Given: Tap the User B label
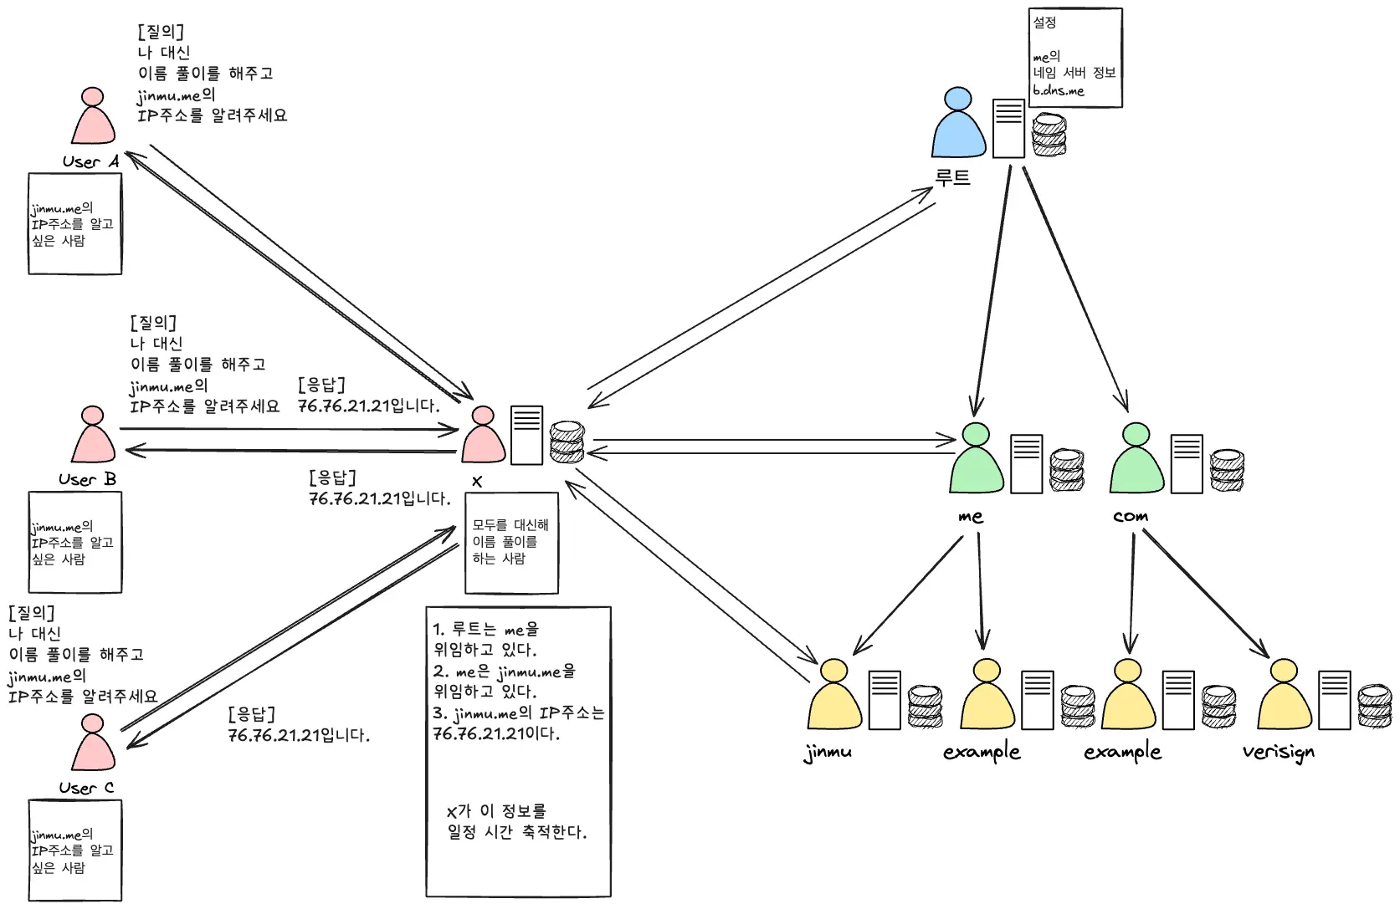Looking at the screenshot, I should [87, 480].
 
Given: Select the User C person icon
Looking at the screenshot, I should [93, 744].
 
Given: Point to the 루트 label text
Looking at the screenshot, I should [952, 177].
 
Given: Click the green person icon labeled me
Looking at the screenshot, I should [977, 460].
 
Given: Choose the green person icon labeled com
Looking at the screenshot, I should [1136, 460].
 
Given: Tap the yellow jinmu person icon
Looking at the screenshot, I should [834, 696].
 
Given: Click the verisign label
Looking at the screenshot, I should [1278, 752].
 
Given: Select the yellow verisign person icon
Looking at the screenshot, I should [1285, 696].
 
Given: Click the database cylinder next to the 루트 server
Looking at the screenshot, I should [1049, 135].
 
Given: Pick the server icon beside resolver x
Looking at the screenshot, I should [526, 435].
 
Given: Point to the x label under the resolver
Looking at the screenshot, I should [477, 482].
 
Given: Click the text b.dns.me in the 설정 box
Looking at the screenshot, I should [1058, 90].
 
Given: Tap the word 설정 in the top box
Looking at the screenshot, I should [1044, 23].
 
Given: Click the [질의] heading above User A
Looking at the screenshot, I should [160, 32].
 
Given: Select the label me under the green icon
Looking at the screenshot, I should [971, 517].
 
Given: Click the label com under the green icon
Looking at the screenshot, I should [1131, 517].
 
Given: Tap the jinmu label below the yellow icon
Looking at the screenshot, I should [828, 752].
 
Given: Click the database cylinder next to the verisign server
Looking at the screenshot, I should [1374, 707].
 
